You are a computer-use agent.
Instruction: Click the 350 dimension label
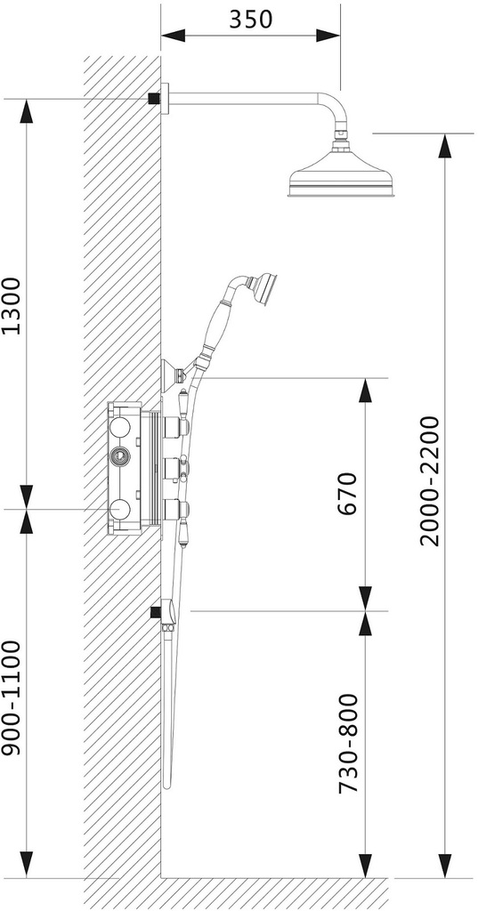point(251,20)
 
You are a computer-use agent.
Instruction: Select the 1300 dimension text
point(12,306)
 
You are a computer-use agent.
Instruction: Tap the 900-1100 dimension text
point(12,697)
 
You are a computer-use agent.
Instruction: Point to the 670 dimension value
point(345,494)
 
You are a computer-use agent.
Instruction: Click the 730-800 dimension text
point(348,743)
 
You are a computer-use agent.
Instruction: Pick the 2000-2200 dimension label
point(430,481)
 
